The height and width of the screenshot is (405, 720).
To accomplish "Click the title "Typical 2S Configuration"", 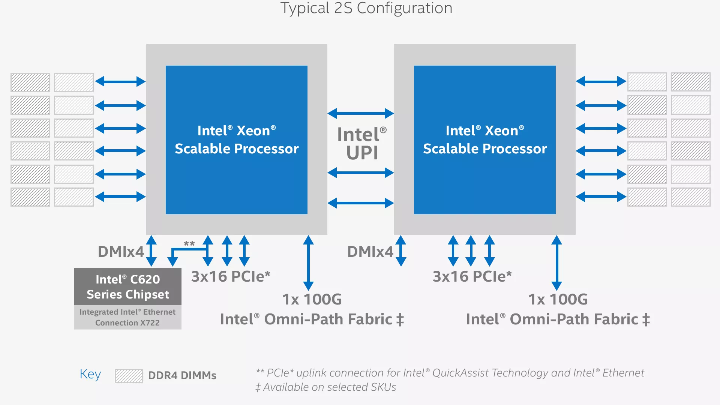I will coord(366,8).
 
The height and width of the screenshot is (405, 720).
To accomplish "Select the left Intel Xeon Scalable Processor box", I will coord(236,140).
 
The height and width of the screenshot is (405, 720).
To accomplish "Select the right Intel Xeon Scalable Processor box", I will coord(484,140).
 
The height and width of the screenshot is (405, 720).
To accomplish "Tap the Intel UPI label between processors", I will coord(362,144).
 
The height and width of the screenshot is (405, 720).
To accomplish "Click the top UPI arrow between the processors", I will coord(360,113).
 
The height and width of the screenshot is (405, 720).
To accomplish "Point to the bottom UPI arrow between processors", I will coord(360,203).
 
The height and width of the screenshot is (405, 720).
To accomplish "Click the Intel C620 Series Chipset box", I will coord(127,286).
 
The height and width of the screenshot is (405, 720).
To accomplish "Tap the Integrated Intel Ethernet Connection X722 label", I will coord(127,317).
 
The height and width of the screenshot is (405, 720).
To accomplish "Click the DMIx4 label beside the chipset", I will coord(120,252).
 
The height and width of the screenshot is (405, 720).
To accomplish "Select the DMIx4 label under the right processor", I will coord(370,252).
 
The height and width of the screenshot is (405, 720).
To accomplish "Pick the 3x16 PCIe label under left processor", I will coord(231,276).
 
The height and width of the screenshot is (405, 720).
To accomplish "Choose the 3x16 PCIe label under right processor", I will coord(472,276).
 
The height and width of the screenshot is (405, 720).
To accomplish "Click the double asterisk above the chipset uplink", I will coord(189,244).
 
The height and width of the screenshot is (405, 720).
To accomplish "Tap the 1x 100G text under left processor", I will coord(312,299).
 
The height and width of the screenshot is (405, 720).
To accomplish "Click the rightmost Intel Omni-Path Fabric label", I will coord(558,319).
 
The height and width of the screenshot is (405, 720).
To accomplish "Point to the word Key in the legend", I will coord(90,374).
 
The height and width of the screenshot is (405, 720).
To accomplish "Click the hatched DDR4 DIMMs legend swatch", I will coord(129,375).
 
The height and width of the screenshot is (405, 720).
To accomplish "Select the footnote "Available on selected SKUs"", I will coord(326,387).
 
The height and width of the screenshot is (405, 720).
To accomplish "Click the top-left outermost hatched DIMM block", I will coord(30,82).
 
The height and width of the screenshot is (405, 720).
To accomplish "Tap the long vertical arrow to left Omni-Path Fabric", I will coord(308,262).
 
